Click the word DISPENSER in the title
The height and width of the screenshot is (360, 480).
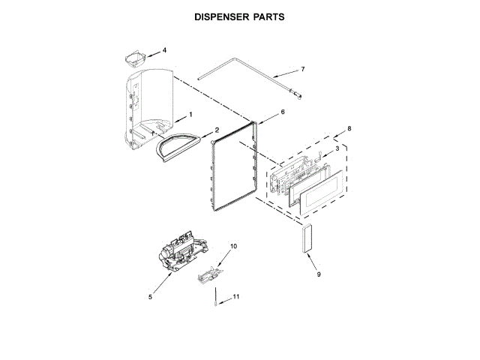point(220,16)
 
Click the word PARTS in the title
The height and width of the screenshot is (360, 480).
point(268,16)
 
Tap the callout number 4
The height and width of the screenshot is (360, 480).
point(164,50)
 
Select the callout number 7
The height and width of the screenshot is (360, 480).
point(303,70)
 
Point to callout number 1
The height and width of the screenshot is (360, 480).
point(190,114)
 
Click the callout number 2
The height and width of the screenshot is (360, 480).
point(217,129)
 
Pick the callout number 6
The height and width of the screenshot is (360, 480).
point(283,112)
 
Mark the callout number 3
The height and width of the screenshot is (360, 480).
point(337,149)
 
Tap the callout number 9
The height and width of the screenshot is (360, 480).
point(318,274)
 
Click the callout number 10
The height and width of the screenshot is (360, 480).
point(232,246)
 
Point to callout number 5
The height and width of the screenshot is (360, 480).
point(150,297)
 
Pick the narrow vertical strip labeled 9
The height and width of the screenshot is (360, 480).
point(305,239)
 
